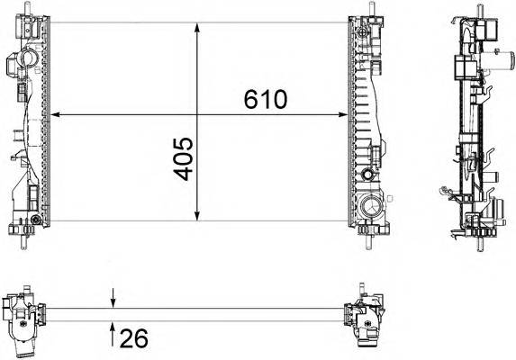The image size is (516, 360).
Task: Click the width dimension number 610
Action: pyautogui.click(x=265, y=99)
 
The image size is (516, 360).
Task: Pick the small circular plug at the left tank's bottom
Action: pyautogui.click(x=35, y=220)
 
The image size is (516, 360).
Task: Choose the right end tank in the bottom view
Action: pyautogui.click(x=368, y=318)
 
